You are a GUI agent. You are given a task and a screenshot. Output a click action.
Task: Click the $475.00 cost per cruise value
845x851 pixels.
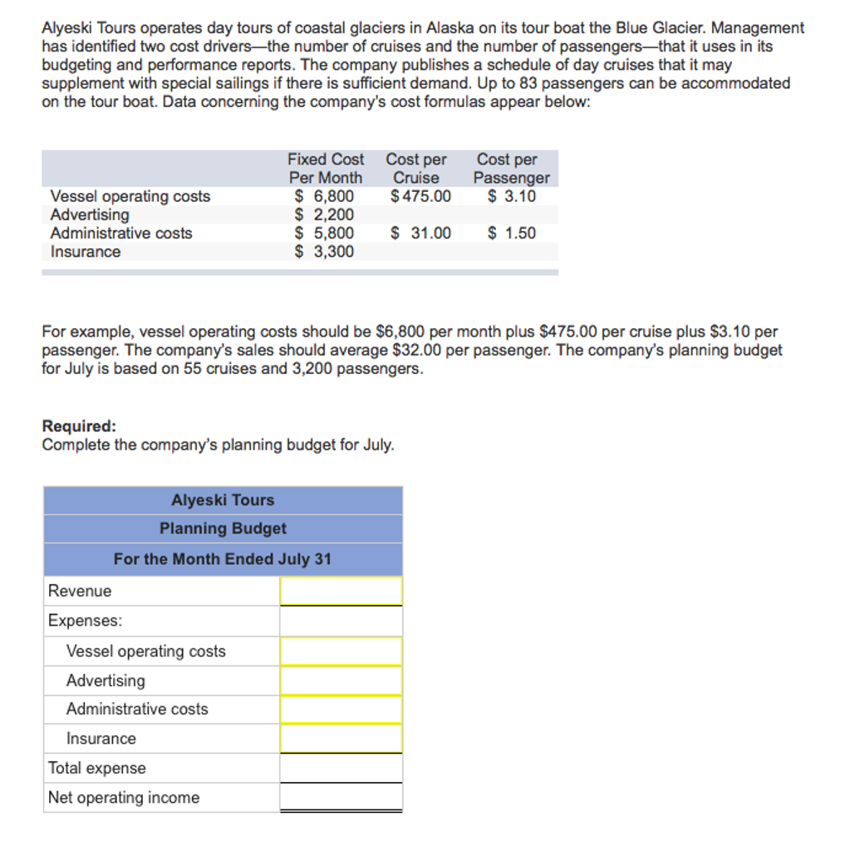click(x=420, y=196)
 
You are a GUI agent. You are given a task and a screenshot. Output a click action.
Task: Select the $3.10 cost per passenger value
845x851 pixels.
click(x=511, y=196)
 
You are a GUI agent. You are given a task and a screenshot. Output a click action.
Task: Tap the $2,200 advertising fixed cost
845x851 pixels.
click(x=325, y=214)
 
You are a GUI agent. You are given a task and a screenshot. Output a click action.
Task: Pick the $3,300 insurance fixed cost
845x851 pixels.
click(x=325, y=251)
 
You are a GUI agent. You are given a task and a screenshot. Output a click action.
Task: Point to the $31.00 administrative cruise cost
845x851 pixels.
click(x=420, y=233)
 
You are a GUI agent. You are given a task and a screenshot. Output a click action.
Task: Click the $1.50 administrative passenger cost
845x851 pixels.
click(x=511, y=233)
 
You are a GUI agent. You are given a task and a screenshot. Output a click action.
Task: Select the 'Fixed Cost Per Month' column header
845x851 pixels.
click(x=326, y=168)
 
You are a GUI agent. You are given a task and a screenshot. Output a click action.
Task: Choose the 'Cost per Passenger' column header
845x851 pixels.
click(x=511, y=168)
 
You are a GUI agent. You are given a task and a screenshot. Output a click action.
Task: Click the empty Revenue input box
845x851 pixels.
click(x=341, y=591)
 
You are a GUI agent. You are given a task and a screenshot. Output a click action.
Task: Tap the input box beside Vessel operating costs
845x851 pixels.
click(x=341, y=651)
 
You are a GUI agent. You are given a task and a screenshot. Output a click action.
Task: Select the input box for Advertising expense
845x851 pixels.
click(x=341, y=681)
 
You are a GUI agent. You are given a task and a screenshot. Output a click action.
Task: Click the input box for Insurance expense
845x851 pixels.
click(x=341, y=738)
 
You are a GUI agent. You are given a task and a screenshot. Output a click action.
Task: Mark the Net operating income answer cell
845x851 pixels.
click(x=341, y=797)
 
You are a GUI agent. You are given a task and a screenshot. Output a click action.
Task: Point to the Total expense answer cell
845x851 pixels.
click(x=341, y=768)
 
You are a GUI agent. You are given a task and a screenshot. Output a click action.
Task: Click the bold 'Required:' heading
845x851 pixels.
click(x=79, y=426)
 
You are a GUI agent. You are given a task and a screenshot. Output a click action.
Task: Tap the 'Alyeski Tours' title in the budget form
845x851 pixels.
click(x=223, y=499)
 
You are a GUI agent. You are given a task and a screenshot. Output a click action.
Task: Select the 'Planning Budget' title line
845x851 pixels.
click(x=223, y=529)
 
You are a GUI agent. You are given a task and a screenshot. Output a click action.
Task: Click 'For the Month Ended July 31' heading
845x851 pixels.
click(x=223, y=558)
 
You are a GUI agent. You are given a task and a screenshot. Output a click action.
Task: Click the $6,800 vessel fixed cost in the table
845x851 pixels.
click(x=325, y=196)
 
